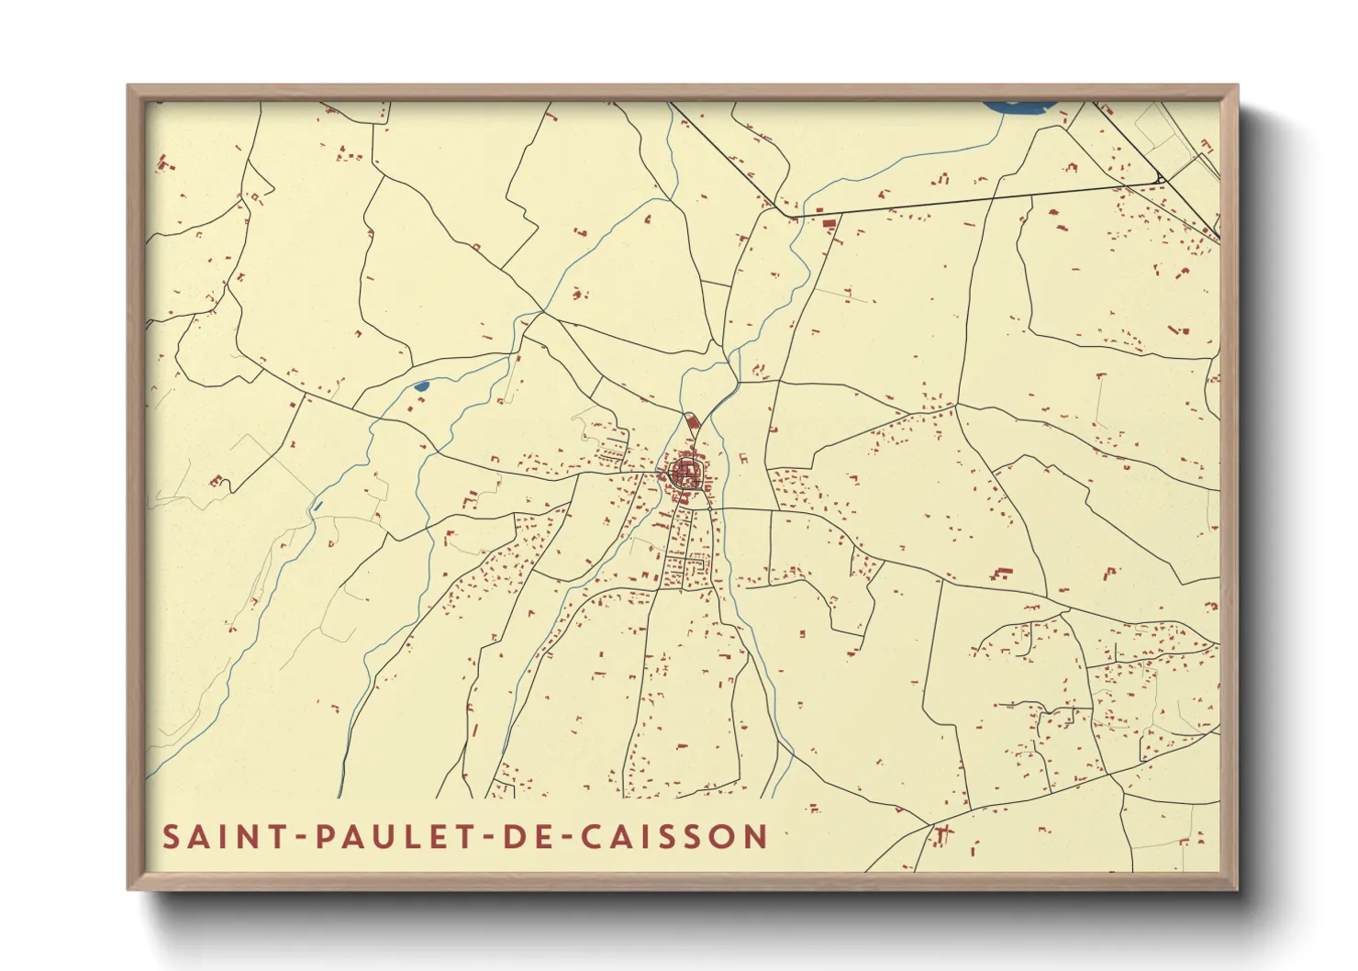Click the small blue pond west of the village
point(421,386)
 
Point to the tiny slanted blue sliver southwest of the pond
point(317,504)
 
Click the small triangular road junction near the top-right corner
point(1160,178)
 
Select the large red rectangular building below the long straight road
point(829,223)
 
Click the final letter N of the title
point(757,837)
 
